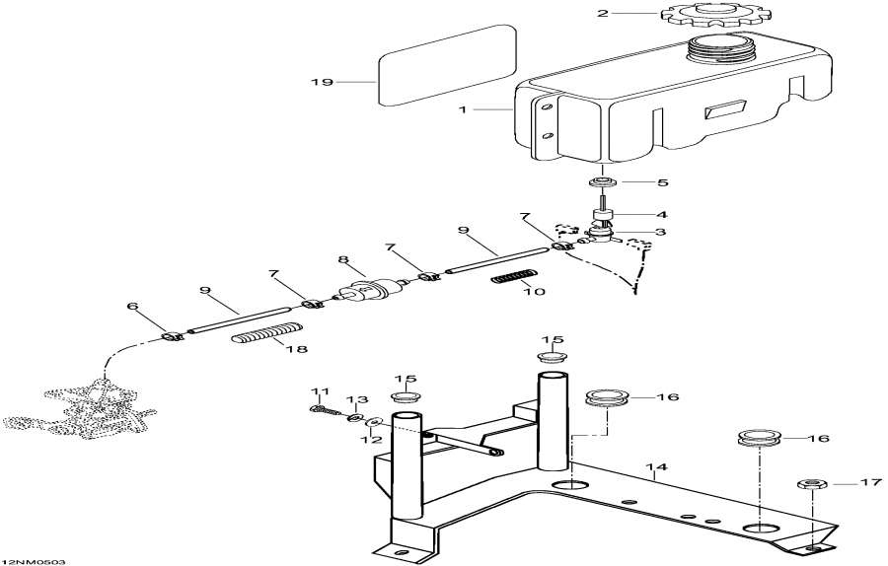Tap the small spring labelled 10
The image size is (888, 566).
[x=513, y=279]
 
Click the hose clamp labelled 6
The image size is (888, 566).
[x=172, y=337]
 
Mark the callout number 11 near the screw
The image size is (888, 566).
[x=319, y=391]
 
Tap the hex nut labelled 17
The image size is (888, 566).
[x=808, y=485]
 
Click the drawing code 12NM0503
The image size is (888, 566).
[x=34, y=560]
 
